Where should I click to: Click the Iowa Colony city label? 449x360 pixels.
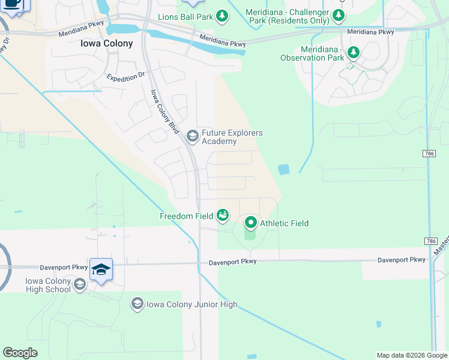106,43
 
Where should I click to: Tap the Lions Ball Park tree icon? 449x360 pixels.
223,16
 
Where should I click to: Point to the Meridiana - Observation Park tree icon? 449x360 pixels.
354,53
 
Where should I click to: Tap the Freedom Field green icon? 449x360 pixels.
223,215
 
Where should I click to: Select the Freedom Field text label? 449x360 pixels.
187,216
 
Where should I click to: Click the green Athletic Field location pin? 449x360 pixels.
251,223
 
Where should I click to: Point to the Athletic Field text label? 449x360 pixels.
284,223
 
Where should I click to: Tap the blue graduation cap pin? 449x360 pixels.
101,270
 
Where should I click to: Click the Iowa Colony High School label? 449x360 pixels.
48,285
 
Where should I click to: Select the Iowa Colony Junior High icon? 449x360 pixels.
137,304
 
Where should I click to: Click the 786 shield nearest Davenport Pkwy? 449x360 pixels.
430,241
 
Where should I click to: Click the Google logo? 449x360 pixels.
20,353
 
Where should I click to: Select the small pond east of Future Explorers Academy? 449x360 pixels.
283,170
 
